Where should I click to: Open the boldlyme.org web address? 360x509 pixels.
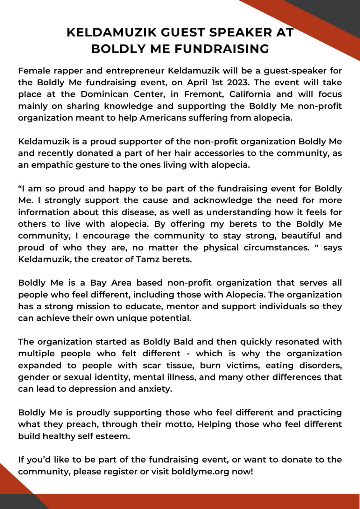200,471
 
